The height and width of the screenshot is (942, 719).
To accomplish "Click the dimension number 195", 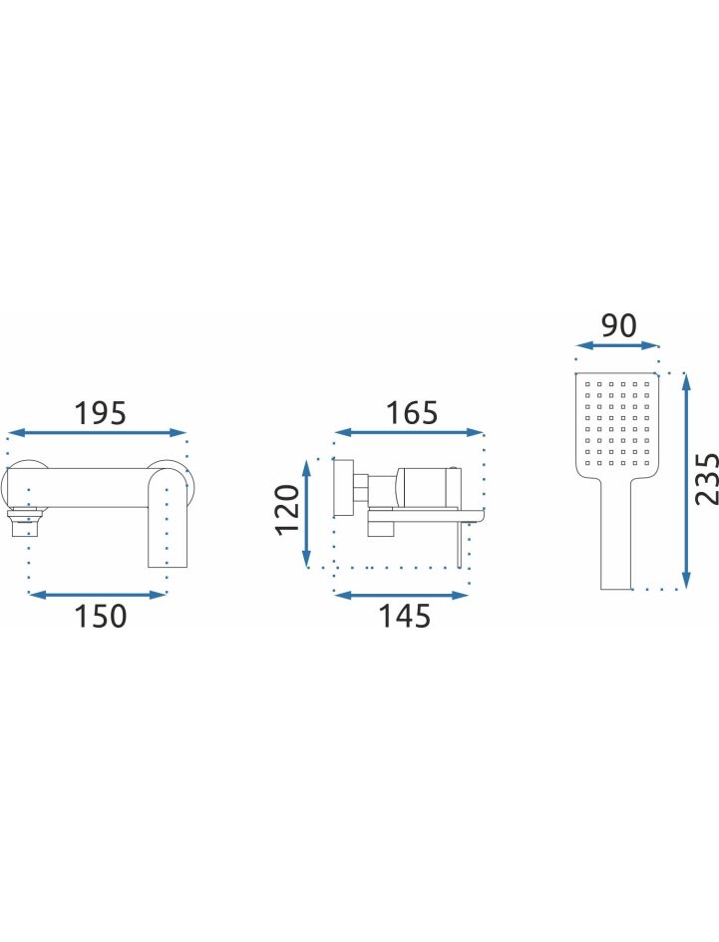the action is click(101, 413).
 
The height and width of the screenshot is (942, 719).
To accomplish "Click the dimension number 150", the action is click(101, 617).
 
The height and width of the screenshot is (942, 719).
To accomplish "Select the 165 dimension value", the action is click(412, 413).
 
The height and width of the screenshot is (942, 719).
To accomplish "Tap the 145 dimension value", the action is click(405, 617).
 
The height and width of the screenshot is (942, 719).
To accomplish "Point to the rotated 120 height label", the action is click(287, 509).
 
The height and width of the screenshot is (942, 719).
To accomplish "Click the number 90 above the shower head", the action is click(618, 325).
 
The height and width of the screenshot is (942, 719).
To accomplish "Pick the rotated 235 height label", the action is click(706, 479).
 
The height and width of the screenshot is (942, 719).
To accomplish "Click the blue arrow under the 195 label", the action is click(97, 432).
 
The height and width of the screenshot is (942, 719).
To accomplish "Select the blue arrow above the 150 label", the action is click(97, 595).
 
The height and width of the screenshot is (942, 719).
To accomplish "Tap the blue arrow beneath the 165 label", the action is click(409, 432).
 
